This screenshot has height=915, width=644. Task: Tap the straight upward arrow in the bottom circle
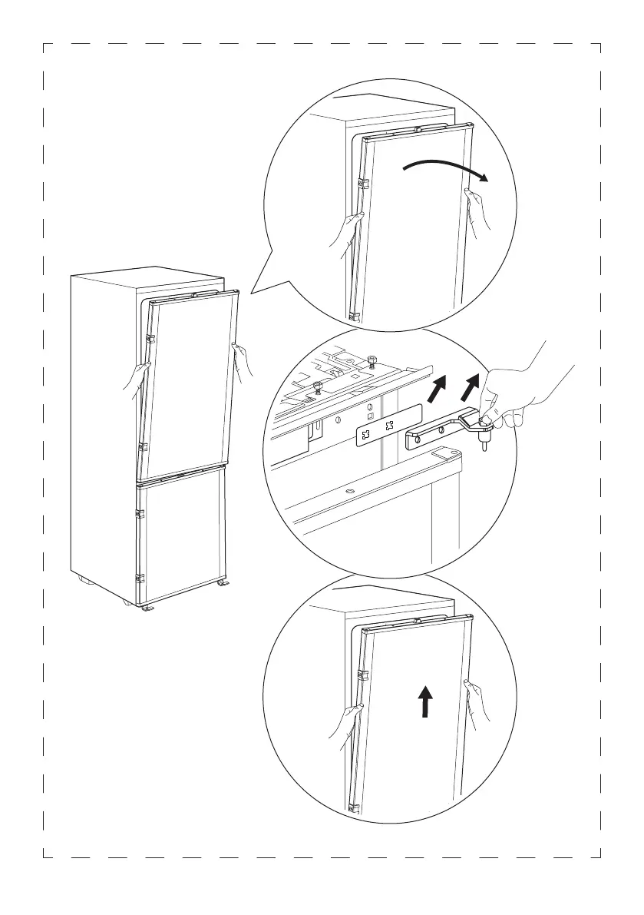tap(424, 702)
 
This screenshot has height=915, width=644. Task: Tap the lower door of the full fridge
tap(180, 538)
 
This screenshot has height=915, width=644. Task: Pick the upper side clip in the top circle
tap(364, 184)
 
